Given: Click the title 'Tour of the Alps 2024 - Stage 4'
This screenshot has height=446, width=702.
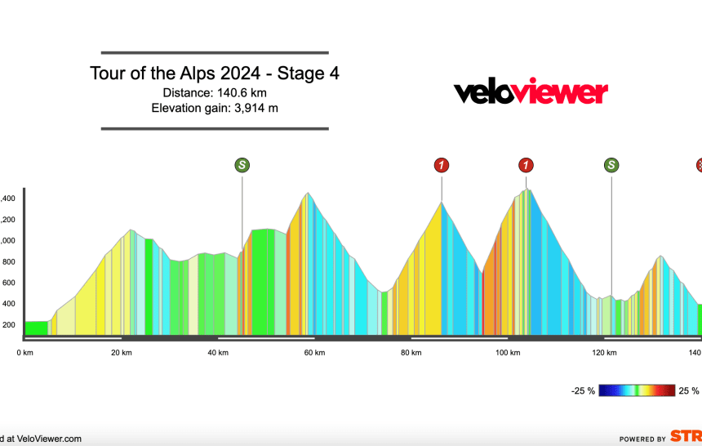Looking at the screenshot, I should click(215, 74).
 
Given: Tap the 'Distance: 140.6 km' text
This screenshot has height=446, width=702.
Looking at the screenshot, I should click(215, 92).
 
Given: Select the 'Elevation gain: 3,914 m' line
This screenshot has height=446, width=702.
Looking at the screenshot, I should click(215, 108).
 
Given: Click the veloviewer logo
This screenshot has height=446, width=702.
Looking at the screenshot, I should click(531, 92).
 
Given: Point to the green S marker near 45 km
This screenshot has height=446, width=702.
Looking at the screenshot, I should click(242, 166).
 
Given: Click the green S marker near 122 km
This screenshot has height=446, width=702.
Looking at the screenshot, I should click(611, 166).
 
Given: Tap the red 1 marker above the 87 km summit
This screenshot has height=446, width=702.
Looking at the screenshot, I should click(442, 166).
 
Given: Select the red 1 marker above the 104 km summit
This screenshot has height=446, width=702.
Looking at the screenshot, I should click(526, 166).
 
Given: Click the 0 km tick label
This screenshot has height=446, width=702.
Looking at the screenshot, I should click(25, 352).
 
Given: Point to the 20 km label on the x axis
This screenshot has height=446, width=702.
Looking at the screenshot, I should click(121, 352).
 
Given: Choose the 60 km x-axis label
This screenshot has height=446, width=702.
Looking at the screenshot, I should click(314, 352).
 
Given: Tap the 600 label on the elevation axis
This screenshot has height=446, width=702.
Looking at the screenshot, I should click(8, 283).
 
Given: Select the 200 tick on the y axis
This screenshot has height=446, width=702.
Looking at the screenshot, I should click(8, 325).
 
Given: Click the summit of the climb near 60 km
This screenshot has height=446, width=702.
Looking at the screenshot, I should click(307, 194).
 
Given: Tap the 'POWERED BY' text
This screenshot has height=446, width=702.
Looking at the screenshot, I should click(642, 439).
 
